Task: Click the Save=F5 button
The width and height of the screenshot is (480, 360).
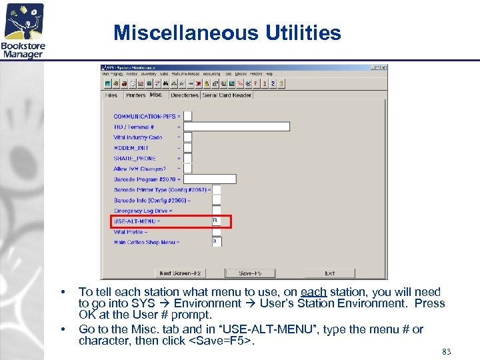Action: coord(250,273)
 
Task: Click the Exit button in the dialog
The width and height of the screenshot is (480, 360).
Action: coord(329,273)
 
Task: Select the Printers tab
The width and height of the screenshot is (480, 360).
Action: coord(135,95)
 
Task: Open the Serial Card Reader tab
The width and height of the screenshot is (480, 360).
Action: coord(227,95)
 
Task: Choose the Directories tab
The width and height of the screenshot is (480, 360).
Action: coord(185,95)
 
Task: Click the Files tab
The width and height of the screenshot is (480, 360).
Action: coord(111,95)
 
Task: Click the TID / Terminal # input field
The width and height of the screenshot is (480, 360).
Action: coord(237,127)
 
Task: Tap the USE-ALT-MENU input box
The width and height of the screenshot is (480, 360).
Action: coord(217,221)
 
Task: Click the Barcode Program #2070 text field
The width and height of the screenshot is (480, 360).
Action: coord(210,179)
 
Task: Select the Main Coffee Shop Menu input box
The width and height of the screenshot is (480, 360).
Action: coord(217,241)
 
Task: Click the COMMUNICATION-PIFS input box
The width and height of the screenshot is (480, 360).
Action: coord(188,116)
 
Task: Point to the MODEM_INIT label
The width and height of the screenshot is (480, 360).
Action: coord(131,148)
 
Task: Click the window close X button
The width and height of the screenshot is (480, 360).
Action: coord(383,67)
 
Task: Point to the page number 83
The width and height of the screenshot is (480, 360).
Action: coord(446,351)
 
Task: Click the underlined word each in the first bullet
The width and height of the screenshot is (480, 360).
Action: coord(313,292)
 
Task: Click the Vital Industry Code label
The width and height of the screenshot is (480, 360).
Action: coord(138,137)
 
